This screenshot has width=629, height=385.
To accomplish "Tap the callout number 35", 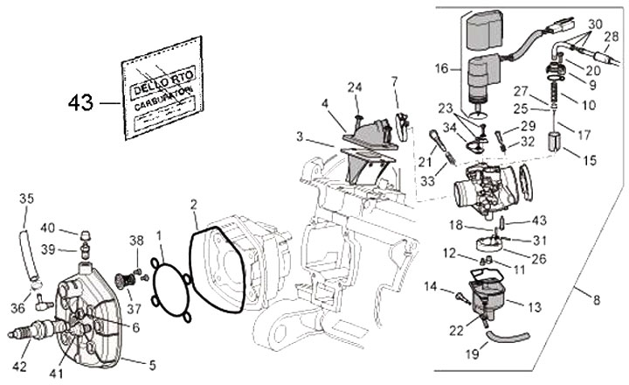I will (x=27, y=199).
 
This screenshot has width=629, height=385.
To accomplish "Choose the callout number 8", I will (x=596, y=300).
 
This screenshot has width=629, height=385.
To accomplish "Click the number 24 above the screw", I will (x=354, y=86).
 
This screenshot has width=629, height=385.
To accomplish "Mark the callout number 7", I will (x=395, y=82).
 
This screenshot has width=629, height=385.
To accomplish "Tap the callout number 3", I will (x=301, y=137).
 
